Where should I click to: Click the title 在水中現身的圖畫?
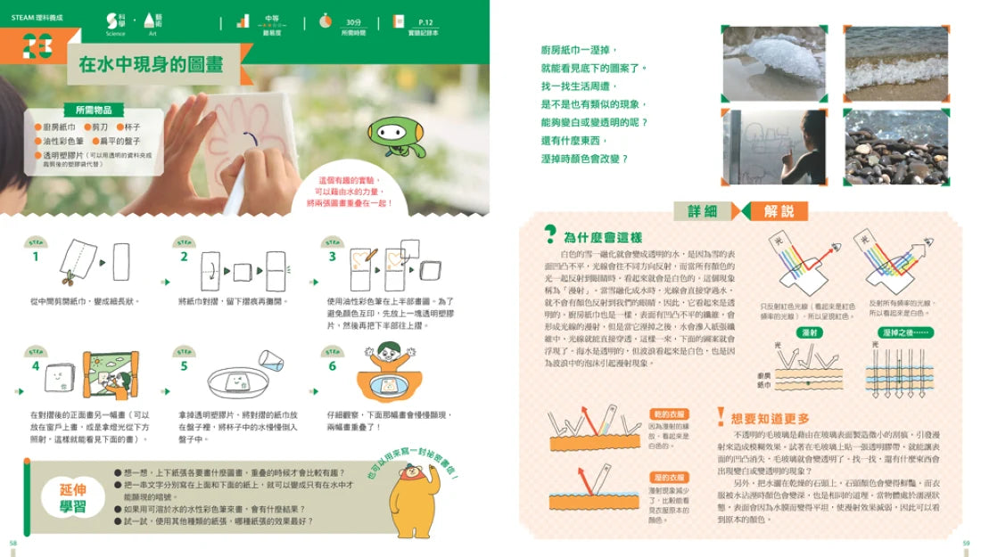pyautogui.click(x=151, y=64)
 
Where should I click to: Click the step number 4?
pyautogui.click(x=36, y=365)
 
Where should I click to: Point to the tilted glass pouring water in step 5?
pyautogui.click(x=271, y=360)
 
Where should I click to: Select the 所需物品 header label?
pyautogui.click(x=94, y=110)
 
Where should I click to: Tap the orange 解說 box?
pyautogui.click(x=773, y=211)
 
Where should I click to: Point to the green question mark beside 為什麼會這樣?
pyautogui.click(x=550, y=235)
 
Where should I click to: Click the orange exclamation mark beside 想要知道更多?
pyautogui.click(x=721, y=417)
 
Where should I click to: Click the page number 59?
pyautogui.click(x=966, y=543)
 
